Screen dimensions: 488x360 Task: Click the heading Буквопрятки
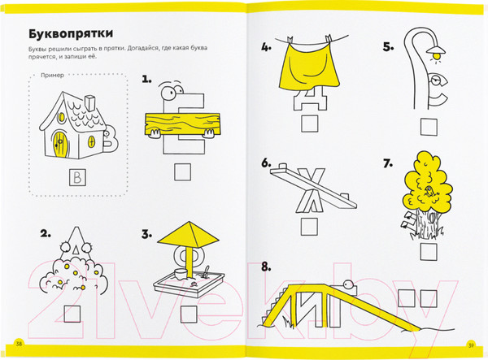click(71, 33)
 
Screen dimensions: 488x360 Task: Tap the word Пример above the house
click(52, 76)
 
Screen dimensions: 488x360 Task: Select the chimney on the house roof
click(90, 102)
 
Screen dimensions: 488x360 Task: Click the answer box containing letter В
click(77, 177)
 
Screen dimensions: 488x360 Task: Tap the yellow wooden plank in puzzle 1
click(182, 124)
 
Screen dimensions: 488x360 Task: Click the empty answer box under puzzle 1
click(182, 172)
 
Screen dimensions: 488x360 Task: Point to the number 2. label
click(45, 233)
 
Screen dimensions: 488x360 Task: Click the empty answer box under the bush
click(72, 314)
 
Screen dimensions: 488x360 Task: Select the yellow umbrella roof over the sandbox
click(189, 234)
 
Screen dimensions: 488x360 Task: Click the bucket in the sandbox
click(181, 274)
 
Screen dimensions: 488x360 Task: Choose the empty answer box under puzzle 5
click(429, 127)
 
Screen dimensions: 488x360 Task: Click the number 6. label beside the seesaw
click(266, 163)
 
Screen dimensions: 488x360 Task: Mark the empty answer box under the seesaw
click(309, 227)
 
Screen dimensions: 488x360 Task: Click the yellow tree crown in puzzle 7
click(429, 184)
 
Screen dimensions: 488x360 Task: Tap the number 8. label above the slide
click(266, 267)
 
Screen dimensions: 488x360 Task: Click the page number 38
click(19, 344)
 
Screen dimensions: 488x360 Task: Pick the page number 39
click(471, 345)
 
